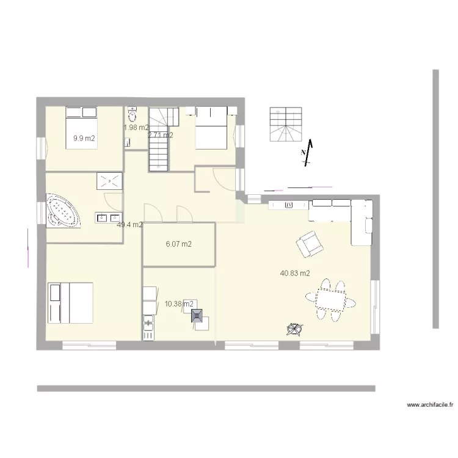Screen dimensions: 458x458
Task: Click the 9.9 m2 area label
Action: [x=84, y=139]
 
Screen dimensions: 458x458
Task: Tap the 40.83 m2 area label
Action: [x=295, y=274]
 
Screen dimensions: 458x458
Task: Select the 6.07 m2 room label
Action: [x=179, y=244]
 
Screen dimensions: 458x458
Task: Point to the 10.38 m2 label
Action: [x=179, y=304]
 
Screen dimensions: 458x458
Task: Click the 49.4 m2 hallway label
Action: [x=129, y=225]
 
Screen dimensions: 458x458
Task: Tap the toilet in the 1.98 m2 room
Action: [x=132, y=115]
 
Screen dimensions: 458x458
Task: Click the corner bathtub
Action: [x=62, y=211]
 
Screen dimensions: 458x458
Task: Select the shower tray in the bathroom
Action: [x=109, y=181]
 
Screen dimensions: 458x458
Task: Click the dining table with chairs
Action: [x=331, y=300]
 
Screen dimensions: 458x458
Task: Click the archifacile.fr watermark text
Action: [x=430, y=404]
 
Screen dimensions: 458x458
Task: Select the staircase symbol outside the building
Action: [x=285, y=125]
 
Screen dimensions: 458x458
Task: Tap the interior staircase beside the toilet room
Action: [x=159, y=139]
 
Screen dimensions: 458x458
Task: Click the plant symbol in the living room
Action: [x=294, y=329]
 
